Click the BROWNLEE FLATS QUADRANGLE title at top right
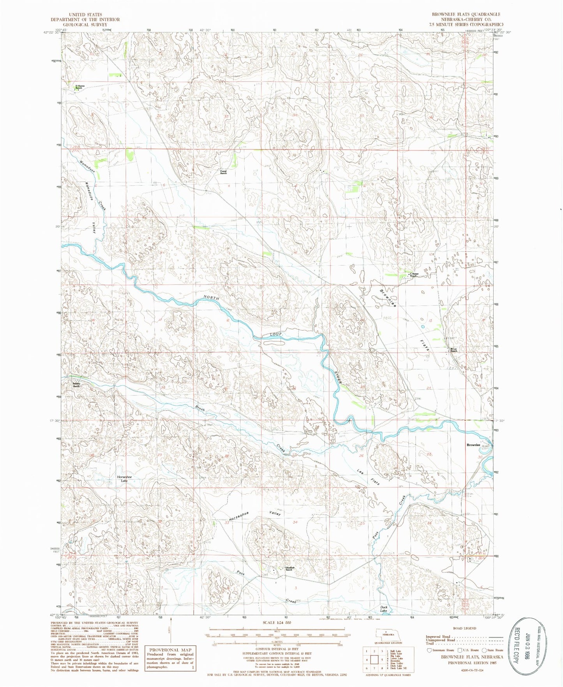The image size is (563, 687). point(466,14)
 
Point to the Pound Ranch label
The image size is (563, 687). point(223,172)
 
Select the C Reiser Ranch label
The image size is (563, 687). point(413,275)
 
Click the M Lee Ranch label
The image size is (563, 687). point(454,350)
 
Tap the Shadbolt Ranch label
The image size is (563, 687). point(289,569)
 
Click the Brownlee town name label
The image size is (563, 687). point(473,445)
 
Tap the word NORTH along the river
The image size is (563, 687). point(211,298)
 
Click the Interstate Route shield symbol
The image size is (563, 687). point(429,650)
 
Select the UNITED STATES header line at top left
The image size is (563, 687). point(85,14)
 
